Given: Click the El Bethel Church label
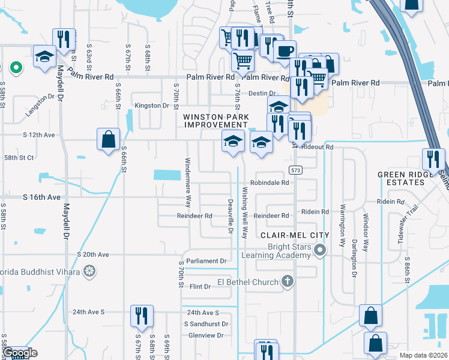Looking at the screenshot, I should point(247,282).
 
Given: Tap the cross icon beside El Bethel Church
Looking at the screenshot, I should point(288,281).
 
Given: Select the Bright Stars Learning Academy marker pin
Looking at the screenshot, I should point(321,250).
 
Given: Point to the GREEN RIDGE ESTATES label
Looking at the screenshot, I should point(404,178).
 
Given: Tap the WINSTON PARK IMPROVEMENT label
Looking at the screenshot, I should point(215,121).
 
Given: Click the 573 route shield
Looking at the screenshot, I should point(295,170).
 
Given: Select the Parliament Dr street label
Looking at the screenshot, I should point(206,261).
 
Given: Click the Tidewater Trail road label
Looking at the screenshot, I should point(413,223).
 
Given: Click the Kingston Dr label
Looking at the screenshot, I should point(152,106).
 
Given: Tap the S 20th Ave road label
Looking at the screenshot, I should point(92,254).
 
